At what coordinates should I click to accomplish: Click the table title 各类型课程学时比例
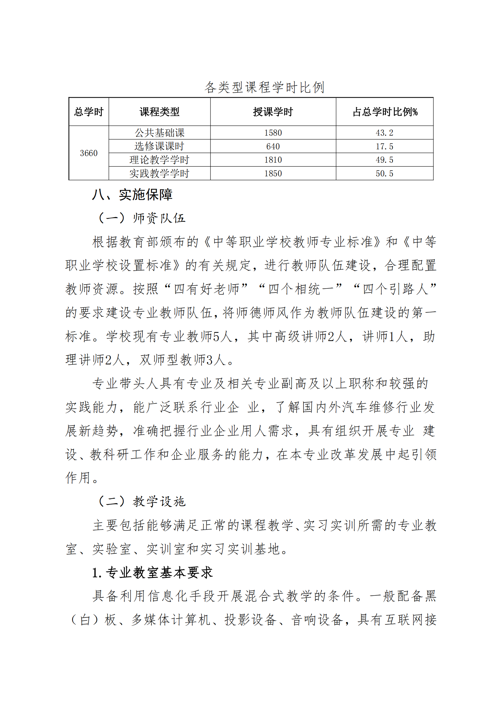pos(264,87)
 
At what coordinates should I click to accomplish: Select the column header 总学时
pos(89,112)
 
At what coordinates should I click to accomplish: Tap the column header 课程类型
pos(159,112)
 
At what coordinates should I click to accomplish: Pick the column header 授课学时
pos(273,112)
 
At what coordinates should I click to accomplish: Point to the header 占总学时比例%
pos(385,112)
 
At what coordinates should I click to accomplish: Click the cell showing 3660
pos(89,153)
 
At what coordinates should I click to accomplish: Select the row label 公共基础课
pos(159,133)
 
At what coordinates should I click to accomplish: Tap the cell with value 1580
pos(273,133)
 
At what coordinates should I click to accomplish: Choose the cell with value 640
pos(273,146)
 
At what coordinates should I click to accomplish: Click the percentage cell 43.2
pos(384,133)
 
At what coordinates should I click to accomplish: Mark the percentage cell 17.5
pos(384,146)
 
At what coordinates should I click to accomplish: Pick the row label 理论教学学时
pos(159,160)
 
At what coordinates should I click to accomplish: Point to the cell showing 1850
pos(273,173)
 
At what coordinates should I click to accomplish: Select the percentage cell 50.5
pos(384,173)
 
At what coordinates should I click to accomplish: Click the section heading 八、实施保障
pos(132,195)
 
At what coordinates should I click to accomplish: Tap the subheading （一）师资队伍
pos(142,218)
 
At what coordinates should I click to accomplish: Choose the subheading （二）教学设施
pos(142,502)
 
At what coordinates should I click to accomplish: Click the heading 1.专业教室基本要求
pos(152,573)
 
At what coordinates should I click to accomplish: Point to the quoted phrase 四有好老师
pos(206,289)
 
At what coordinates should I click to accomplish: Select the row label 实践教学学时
pos(159,173)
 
